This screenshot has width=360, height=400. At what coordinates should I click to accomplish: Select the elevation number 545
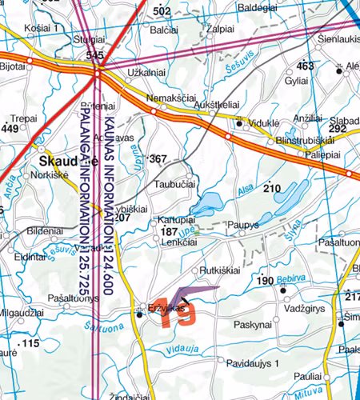click(x=95, y=55)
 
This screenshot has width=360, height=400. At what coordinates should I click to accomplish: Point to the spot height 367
click(x=158, y=158)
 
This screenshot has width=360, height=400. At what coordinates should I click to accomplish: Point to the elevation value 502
click(x=162, y=11)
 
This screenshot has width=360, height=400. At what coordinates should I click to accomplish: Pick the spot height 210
click(x=274, y=188)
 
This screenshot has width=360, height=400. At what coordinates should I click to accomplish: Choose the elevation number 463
click(x=305, y=66)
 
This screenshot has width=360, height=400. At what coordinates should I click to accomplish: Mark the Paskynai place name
click(x=253, y=325)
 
